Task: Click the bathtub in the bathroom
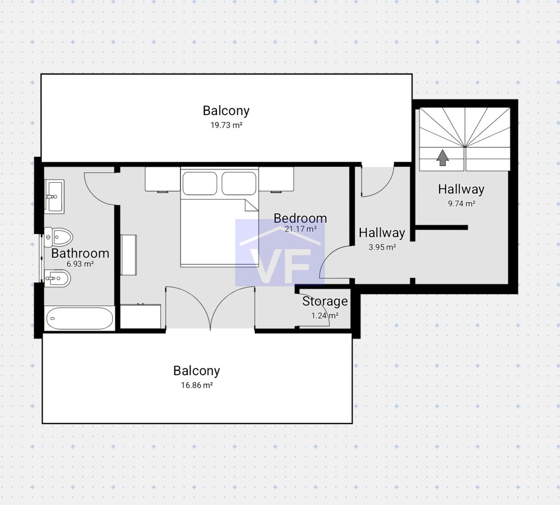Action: point(79,318)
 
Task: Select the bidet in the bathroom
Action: point(57,278)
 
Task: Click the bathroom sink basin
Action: point(55,196)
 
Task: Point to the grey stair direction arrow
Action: point(443,158)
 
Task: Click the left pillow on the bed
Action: point(200,183)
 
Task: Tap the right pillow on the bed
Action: point(239,183)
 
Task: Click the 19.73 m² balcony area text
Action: point(226,125)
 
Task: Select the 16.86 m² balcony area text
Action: point(197,385)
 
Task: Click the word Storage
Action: point(325,302)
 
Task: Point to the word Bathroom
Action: point(80,253)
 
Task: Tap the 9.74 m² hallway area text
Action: point(462,204)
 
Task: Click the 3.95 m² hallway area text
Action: point(382,247)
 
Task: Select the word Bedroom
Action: point(300,218)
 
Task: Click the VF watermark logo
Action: point(280,253)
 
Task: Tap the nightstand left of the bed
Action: point(162,179)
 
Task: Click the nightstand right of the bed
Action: point(276,179)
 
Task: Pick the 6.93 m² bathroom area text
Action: point(80,264)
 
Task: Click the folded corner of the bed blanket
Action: point(252,205)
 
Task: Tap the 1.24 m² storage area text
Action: point(325,316)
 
